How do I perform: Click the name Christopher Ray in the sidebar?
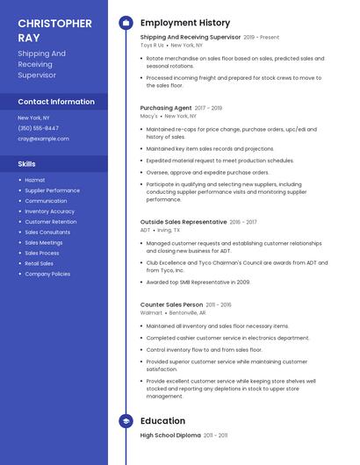54,31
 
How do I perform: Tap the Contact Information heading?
56,102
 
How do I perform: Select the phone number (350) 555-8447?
39,128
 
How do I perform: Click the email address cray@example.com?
43,139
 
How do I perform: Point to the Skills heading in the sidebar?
27,164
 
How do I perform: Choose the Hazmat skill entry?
35,180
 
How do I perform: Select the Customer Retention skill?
50,222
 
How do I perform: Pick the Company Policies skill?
47,274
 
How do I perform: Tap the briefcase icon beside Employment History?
126,23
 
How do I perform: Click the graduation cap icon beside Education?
126,421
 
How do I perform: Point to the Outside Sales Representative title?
184,222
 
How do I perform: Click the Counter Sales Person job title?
172,304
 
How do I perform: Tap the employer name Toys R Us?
153,45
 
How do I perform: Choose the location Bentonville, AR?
188,312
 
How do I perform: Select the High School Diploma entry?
170,435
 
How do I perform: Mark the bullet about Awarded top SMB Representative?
198,282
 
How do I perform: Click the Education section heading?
162,421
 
